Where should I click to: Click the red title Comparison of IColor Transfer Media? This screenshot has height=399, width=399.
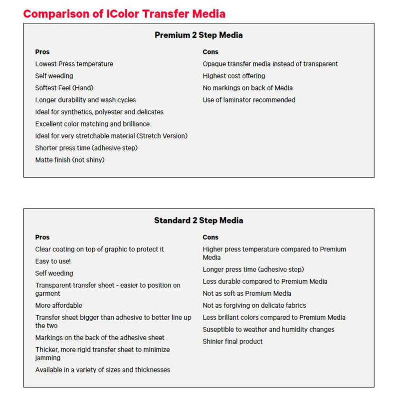tap(124, 13)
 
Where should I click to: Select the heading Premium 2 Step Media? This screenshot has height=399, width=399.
tap(199, 35)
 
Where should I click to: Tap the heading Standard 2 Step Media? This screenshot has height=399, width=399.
tap(199, 220)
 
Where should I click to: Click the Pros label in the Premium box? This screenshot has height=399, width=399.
tap(42, 52)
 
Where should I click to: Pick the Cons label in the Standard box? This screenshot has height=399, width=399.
tap(210, 237)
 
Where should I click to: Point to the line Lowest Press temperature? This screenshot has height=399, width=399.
tap(74, 64)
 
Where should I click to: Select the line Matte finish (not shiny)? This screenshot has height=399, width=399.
tap(70, 160)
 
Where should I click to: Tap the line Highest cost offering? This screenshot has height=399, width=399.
tap(234, 76)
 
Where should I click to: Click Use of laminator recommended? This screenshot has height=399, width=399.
tap(249, 100)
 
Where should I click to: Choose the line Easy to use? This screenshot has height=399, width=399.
tap(53, 261)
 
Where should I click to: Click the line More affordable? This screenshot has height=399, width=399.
tap(59, 305)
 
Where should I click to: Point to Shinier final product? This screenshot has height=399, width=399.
tap(232, 341)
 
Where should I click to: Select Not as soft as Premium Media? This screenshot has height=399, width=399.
tap(247, 293)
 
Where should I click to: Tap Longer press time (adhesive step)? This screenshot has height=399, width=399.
tap(253, 269)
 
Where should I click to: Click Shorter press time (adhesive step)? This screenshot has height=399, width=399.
tap(86, 148)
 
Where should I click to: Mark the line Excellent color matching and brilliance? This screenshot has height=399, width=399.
tap(92, 124)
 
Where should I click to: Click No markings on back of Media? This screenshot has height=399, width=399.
tap(247, 88)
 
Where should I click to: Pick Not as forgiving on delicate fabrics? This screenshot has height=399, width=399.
tap(254, 305)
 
